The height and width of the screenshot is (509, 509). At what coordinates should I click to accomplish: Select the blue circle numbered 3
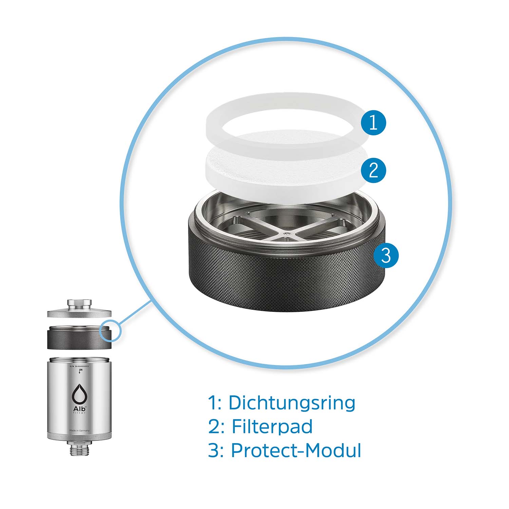[386, 255]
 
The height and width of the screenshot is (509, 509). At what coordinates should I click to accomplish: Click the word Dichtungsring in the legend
[292, 403]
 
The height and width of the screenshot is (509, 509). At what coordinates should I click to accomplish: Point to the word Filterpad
[272, 427]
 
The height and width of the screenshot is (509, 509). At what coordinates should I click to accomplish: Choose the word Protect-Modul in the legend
[296, 451]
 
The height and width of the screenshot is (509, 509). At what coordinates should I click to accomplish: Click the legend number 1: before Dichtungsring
[214, 403]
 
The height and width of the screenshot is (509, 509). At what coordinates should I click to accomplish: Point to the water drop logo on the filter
[79, 394]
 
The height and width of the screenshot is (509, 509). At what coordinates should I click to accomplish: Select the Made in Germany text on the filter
[79, 431]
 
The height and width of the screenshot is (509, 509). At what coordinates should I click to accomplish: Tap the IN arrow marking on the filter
[80, 371]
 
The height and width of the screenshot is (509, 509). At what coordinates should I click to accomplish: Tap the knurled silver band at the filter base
[79, 436]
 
